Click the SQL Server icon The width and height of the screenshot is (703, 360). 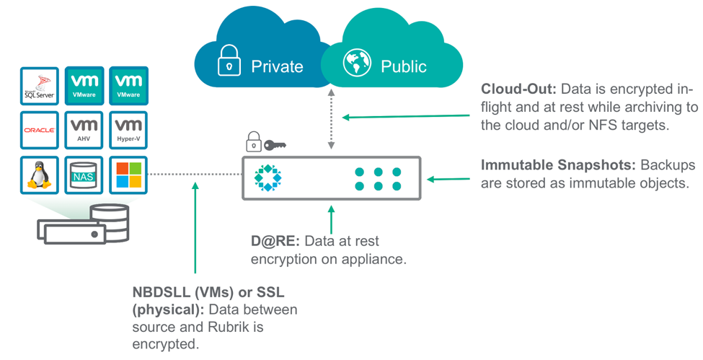click(39, 86)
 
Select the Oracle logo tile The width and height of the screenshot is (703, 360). click(39, 130)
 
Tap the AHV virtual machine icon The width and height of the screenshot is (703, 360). click(84, 130)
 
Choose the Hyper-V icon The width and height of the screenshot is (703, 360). click(128, 130)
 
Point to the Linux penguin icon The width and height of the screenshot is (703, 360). click(39, 175)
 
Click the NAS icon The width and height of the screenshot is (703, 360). click(84, 175)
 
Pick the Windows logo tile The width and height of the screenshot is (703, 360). click(128, 175)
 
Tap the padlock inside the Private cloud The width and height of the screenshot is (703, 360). click(229, 61)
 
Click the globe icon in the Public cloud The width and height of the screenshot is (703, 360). click(357, 63)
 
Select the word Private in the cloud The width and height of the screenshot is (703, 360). click(277, 66)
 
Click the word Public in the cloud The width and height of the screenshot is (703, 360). click(404, 66)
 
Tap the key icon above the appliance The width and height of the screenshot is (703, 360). click(275, 145)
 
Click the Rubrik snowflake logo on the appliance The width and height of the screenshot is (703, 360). click(268, 177)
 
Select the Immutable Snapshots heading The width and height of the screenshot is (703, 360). click(557, 164)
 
